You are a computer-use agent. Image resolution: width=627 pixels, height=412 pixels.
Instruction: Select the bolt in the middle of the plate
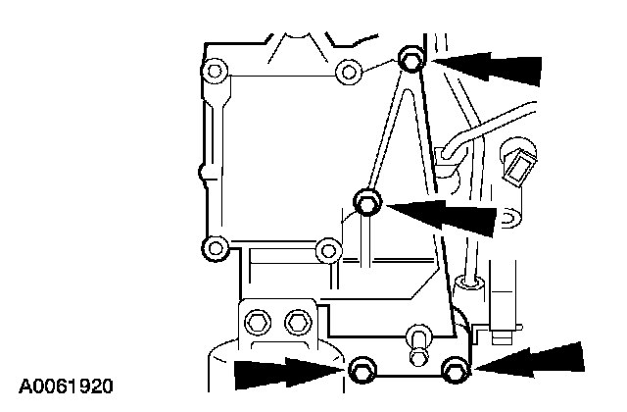point(367,203)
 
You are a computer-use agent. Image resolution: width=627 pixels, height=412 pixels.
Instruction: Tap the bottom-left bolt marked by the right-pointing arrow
point(360,370)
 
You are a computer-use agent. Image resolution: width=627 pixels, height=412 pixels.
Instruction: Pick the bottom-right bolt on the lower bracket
point(453,370)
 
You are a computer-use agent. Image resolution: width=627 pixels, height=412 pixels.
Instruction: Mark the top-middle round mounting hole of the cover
point(346,71)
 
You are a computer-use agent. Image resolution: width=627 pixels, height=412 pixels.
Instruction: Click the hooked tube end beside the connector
point(448,153)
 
